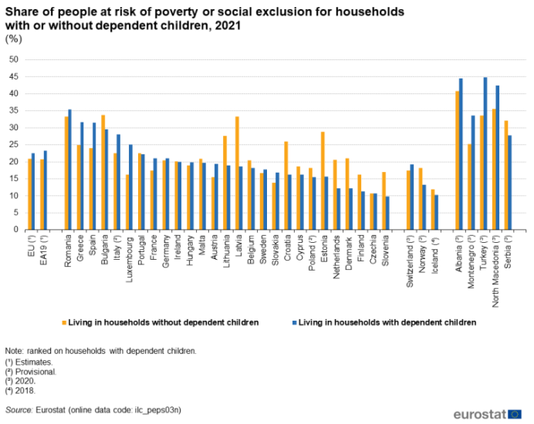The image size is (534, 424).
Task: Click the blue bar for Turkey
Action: tap(485, 153)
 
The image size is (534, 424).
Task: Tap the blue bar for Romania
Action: tap(69, 170)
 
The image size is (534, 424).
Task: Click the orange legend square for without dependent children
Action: tap(64, 321)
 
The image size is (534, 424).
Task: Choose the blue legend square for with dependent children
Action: tap(294, 321)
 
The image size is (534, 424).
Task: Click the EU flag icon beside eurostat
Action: tap(515, 414)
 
